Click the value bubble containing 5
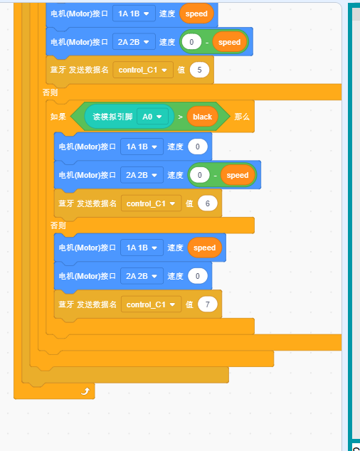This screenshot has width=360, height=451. (x=199, y=70)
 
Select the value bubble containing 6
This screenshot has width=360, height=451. (x=208, y=203)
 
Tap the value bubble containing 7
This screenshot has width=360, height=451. (x=208, y=304)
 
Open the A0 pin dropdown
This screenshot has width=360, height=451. (x=152, y=117)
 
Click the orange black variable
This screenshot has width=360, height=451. (x=202, y=117)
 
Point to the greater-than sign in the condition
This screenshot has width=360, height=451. (x=180, y=117)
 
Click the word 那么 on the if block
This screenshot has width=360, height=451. (x=242, y=117)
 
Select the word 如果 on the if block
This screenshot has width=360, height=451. (x=58, y=117)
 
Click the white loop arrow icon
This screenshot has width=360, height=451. (x=85, y=391)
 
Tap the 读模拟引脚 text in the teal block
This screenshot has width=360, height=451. (x=112, y=117)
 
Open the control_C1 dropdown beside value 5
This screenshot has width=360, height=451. (x=143, y=70)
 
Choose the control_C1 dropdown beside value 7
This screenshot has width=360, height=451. (x=151, y=304)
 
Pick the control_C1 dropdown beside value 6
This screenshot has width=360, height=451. (x=151, y=203)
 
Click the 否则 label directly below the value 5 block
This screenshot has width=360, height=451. (x=50, y=92)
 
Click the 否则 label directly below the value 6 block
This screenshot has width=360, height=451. (x=58, y=225)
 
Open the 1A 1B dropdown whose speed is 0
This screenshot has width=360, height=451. (x=142, y=147)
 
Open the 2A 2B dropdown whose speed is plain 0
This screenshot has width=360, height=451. (x=142, y=276)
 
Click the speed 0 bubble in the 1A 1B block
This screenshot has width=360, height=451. (x=198, y=147)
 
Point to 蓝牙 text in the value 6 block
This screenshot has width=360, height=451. (x=66, y=203)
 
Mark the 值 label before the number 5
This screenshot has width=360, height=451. (x=181, y=70)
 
